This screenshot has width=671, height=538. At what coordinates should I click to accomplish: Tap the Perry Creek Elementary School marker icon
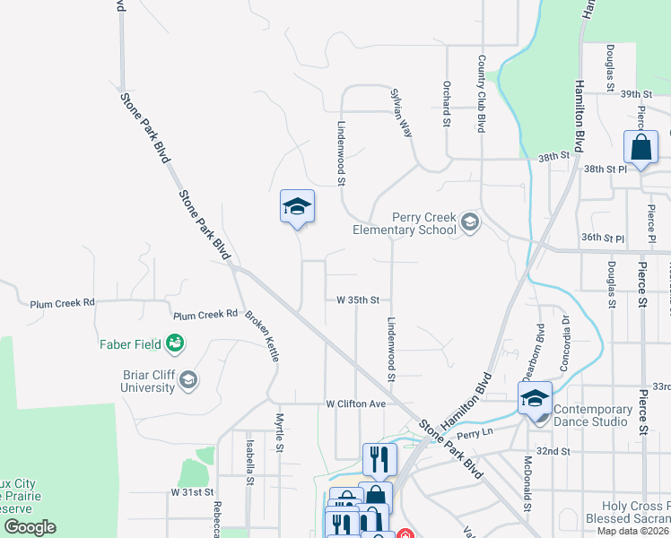click(469, 221)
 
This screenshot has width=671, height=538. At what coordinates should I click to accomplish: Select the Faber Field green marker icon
click(175, 343)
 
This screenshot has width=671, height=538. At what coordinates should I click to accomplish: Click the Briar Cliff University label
click(148, 381)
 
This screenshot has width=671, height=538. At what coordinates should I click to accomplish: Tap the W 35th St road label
click(359, 299)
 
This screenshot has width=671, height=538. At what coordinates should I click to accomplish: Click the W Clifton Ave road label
click(355, 404)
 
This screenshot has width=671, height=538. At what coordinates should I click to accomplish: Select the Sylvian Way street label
click(401, 111)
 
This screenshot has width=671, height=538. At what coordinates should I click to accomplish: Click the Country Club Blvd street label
click(482, 94)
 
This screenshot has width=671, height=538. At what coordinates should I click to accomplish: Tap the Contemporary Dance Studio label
click(606, 415)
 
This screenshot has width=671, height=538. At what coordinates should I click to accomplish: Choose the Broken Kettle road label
click(262, 335)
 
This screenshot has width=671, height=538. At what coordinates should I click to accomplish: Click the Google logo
click(30, 527)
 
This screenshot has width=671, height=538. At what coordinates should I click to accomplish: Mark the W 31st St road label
click(193, 492)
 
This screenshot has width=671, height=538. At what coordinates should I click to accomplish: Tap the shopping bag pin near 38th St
click(642, 148)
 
